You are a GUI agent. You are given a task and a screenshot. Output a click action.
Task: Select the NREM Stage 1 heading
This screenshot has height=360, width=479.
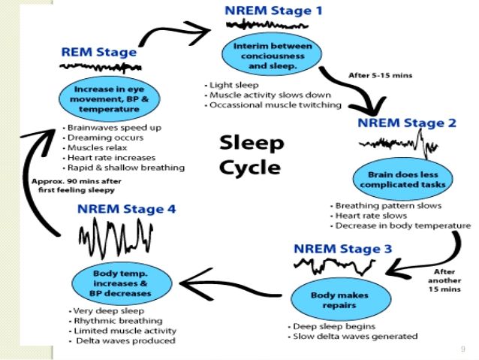276,11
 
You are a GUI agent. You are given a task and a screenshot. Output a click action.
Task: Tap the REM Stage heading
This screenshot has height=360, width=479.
99,53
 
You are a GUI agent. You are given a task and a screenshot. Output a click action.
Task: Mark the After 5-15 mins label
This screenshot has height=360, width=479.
380,75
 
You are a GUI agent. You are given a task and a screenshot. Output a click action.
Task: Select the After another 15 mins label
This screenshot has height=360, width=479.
450,282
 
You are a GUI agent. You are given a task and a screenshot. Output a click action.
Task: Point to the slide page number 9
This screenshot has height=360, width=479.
462,349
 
